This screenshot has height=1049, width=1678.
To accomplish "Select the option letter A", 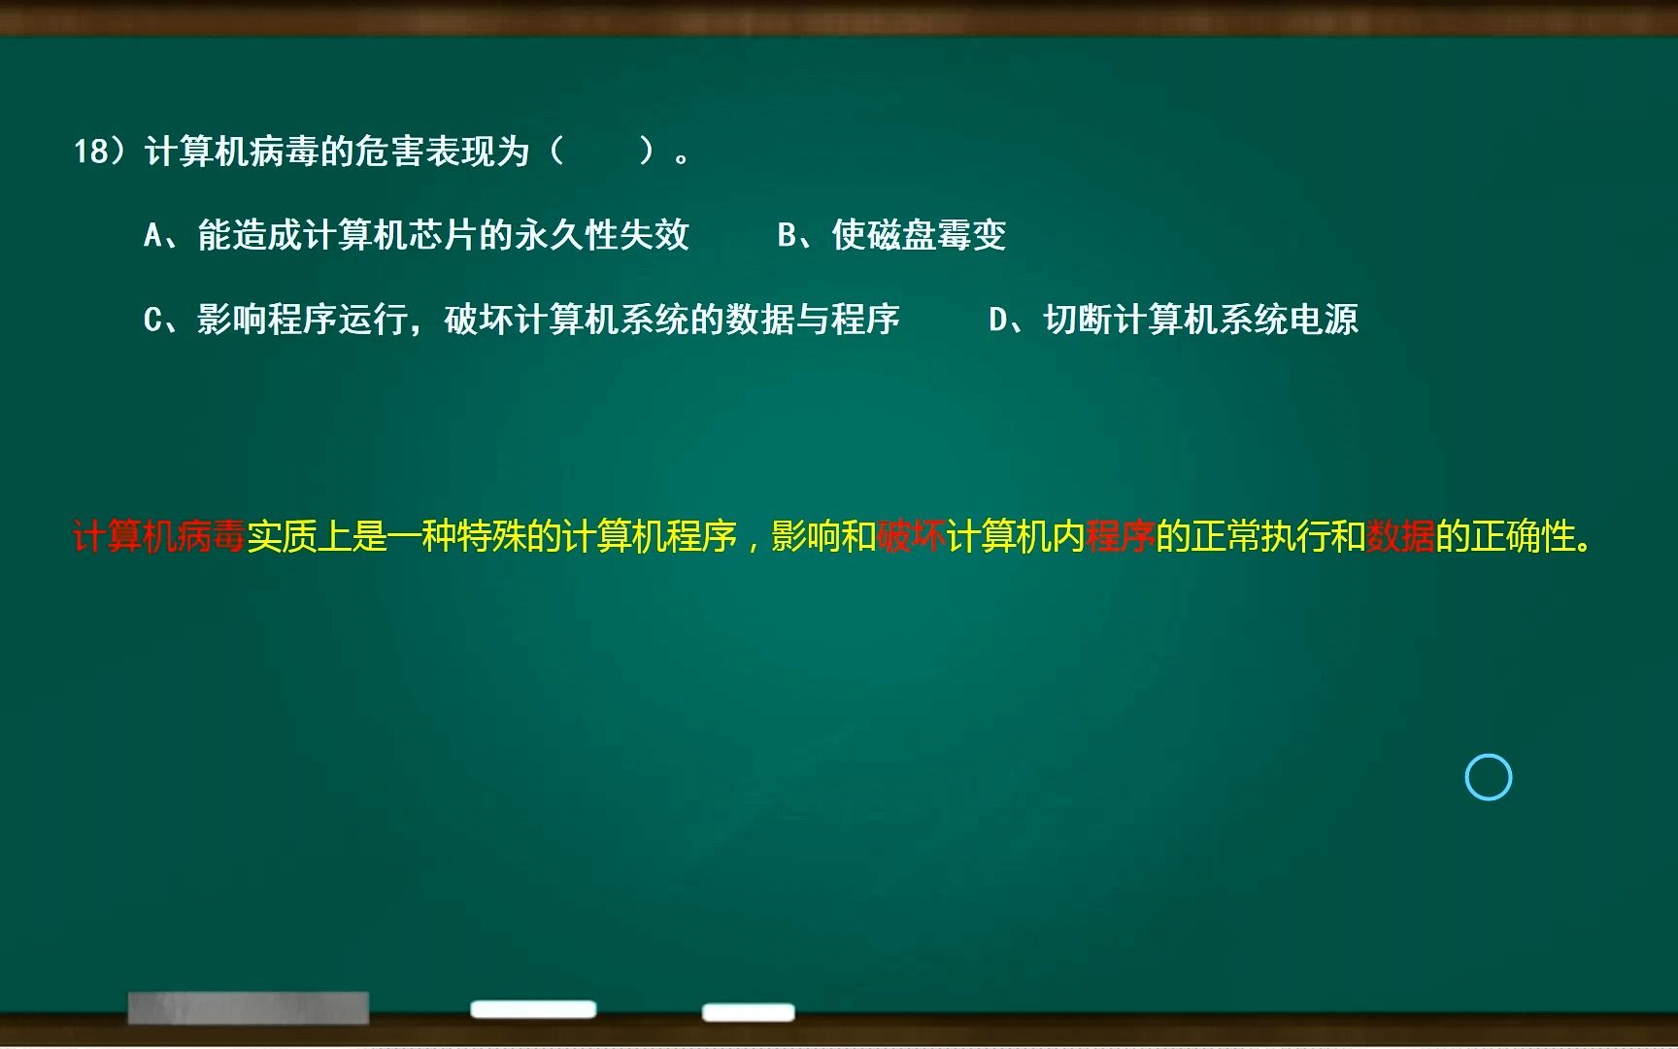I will point(152,235).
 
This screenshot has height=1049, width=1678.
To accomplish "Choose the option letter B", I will point(788,235).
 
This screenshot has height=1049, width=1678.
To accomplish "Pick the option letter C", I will point(152,320).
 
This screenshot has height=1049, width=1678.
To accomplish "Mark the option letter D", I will point(998,320).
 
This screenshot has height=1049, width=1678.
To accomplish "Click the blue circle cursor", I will point(1488,777).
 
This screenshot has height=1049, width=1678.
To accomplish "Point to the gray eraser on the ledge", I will point(248,1007).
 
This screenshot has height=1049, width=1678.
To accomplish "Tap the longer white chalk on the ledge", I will point(533,1009).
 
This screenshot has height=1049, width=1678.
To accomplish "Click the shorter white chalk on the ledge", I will point(748,1012).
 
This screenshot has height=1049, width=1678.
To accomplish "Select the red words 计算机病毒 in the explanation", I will point(159,536).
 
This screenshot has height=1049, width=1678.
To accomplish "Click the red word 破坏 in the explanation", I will point(911,536).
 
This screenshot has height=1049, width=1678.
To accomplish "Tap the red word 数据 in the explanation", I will point(1400,536).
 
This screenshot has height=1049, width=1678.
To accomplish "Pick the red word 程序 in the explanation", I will point(1121,536).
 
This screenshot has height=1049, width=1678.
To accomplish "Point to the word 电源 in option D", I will point(1324,320).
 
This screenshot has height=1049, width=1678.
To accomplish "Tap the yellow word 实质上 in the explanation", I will point(299,536).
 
